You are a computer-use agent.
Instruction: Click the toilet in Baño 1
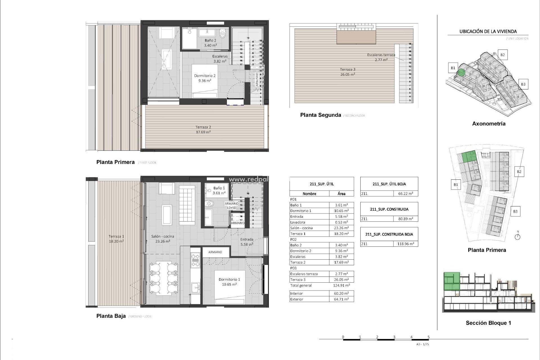click(209, 204)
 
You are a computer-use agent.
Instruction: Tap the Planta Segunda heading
click(320, 115)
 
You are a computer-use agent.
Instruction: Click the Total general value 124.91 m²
click(341, 285)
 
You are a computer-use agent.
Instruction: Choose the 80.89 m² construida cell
click(405, 219)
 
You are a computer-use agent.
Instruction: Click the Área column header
click(341, 193)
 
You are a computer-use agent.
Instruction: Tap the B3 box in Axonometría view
click(523, 84)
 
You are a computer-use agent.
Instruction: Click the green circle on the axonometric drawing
click(461, 73)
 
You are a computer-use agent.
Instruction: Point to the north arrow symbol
click(517, 237)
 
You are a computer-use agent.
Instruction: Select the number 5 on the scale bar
click(429, 337)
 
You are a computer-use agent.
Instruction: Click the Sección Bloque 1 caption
click(488, 323)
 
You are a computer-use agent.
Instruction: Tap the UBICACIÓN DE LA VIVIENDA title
click(488, 31)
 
